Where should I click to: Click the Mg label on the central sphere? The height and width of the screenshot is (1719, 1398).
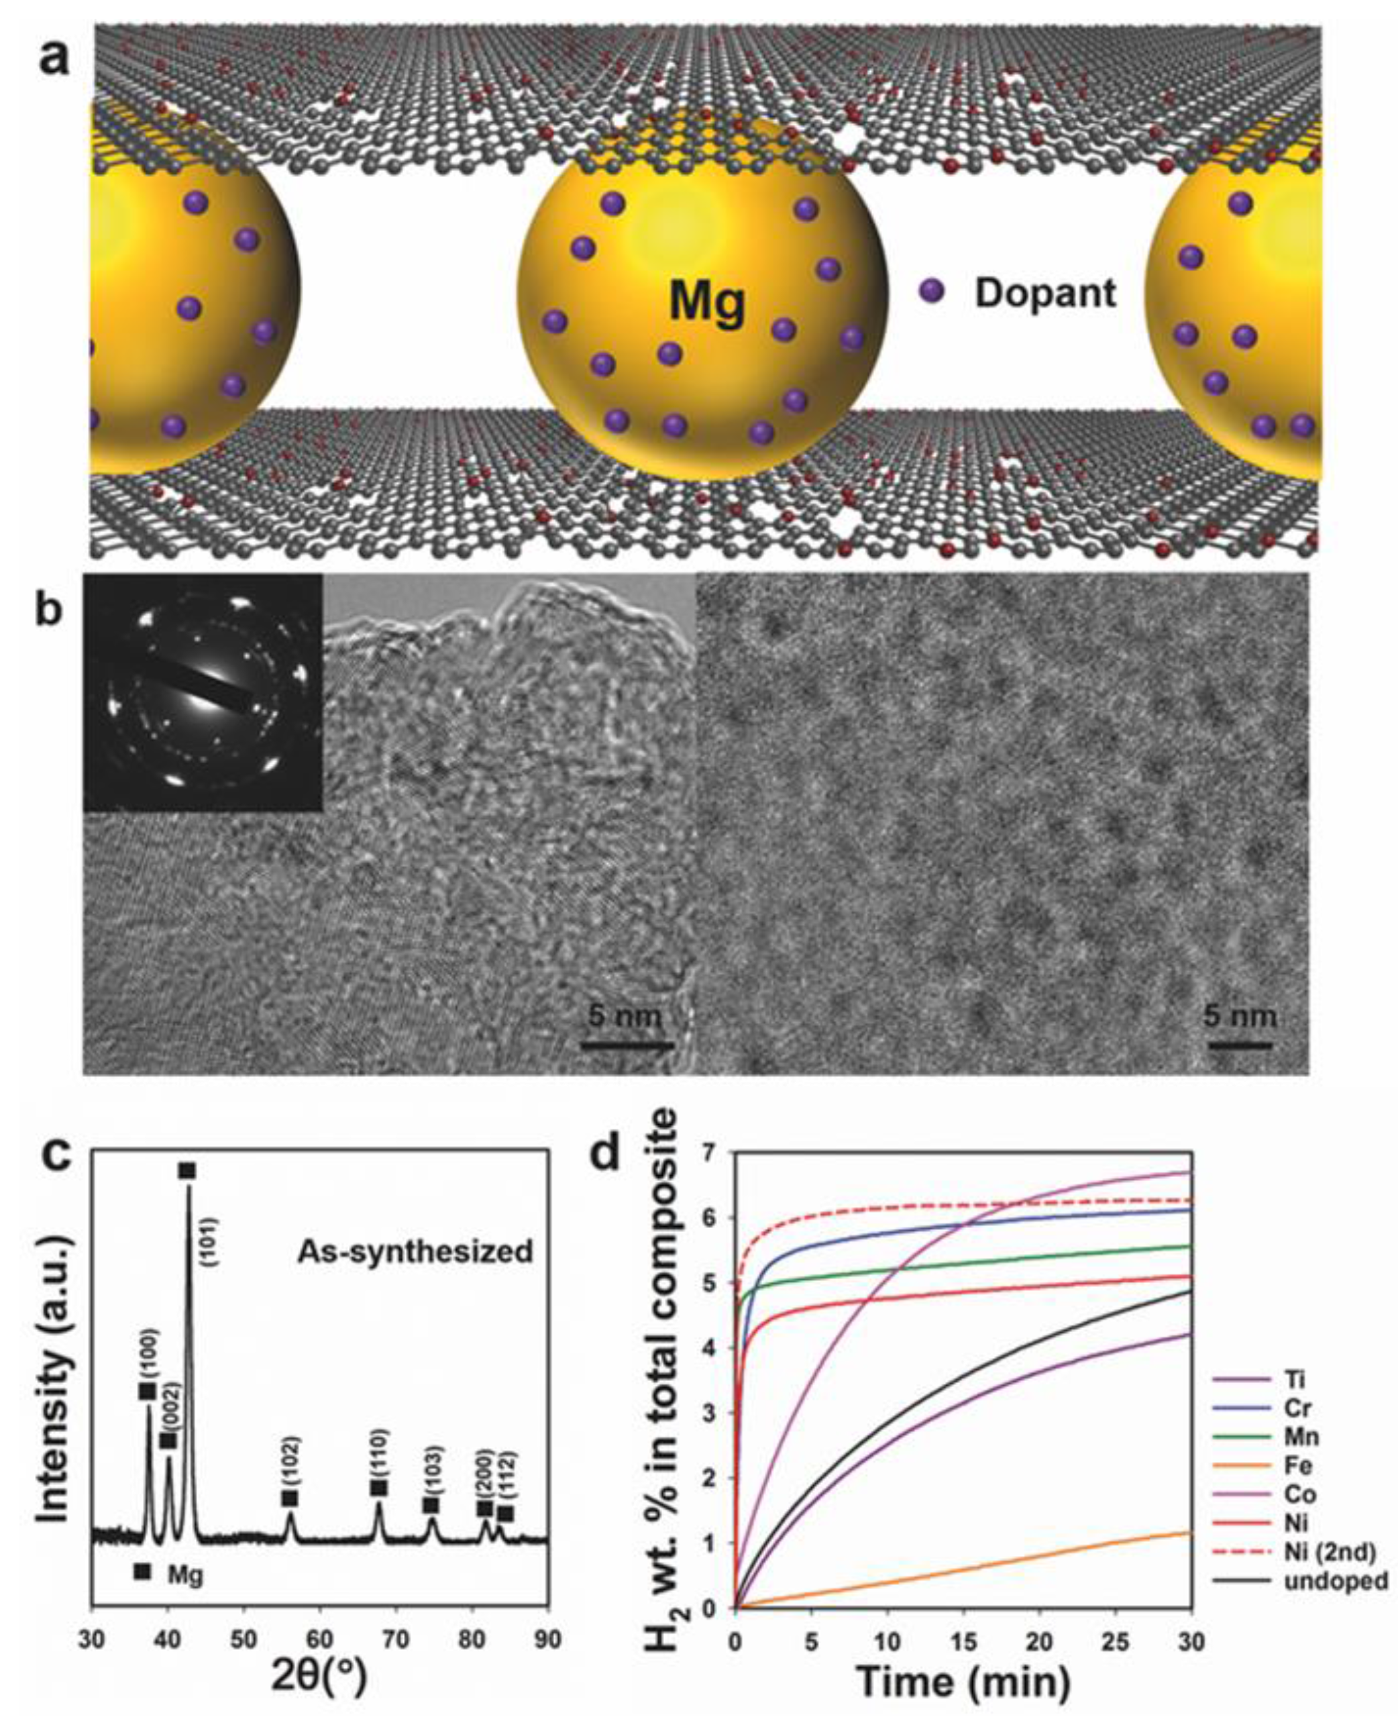point(707,301)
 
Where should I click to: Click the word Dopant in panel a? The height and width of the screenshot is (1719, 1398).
point(1044,293)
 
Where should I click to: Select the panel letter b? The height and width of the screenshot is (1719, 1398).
point(50,611)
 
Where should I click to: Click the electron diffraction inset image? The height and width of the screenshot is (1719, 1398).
point(203,691)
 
